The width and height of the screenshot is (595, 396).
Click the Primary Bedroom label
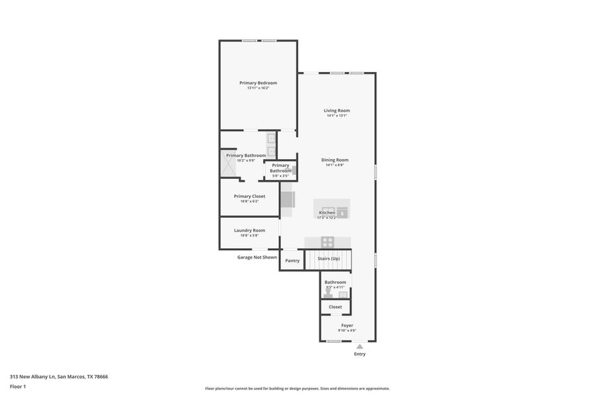[258, 82]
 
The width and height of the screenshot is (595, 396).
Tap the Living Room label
[337, 110]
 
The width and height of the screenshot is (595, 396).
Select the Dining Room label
[335, 160]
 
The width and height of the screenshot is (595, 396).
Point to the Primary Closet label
[249, 196]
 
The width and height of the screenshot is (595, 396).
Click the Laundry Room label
[249, 230]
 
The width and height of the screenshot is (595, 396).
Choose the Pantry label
[292, 261]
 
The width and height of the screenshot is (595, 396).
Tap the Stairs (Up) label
[329, 258]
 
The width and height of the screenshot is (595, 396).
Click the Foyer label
[347, 325]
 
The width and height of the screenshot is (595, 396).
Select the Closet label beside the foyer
[335, 307]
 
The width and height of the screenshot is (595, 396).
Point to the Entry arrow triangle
[360, 345]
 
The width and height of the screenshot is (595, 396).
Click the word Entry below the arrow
[360, 354]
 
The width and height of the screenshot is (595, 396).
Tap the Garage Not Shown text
[257, 257]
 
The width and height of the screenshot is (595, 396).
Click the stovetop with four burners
[328, 242]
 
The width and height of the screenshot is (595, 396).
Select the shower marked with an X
[228, 165]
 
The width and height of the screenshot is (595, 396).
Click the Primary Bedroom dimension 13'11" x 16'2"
[258, 88]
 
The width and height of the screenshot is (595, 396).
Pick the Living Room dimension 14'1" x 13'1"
[337, 115]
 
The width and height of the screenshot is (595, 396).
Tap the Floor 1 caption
[18, 386]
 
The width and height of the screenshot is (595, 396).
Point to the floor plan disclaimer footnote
[297, 389]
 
